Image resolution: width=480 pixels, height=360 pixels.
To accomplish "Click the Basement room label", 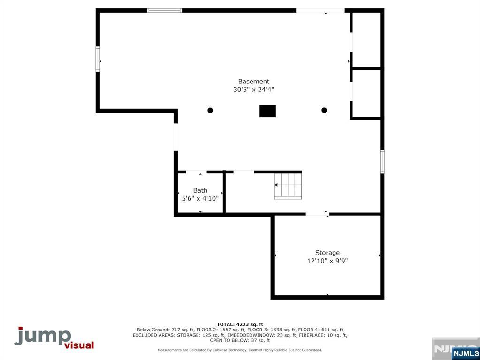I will click(253, 81).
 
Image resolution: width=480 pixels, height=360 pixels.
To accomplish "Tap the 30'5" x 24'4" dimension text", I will click(253, 89).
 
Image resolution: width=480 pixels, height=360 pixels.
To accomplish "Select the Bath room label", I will click(200, 190).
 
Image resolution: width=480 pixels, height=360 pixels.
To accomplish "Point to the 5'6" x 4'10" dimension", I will click(200, 198).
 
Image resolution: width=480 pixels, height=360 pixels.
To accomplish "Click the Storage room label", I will click(327, 253).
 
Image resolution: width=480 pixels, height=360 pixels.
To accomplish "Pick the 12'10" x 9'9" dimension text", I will click(327, 261).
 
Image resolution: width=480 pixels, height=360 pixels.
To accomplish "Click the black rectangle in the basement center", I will click(267, 111).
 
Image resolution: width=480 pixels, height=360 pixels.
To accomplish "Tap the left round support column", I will click(210, 110).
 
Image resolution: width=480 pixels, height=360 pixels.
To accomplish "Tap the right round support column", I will click(324, 110).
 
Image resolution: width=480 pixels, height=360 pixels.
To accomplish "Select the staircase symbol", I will click(288, 186).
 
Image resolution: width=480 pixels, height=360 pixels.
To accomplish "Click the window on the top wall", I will click(165, 10).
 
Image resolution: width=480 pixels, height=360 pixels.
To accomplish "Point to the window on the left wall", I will click(98, 59).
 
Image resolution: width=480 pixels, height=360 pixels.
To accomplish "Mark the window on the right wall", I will click(382, 161).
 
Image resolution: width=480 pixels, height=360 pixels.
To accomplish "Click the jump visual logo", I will click(54, 337).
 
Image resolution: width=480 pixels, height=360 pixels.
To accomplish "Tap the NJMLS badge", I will click(465, 353).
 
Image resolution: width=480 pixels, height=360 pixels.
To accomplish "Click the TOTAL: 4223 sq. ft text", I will click(240, 324).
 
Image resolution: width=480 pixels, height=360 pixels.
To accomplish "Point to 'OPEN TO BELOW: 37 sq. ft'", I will click(240, 340).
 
